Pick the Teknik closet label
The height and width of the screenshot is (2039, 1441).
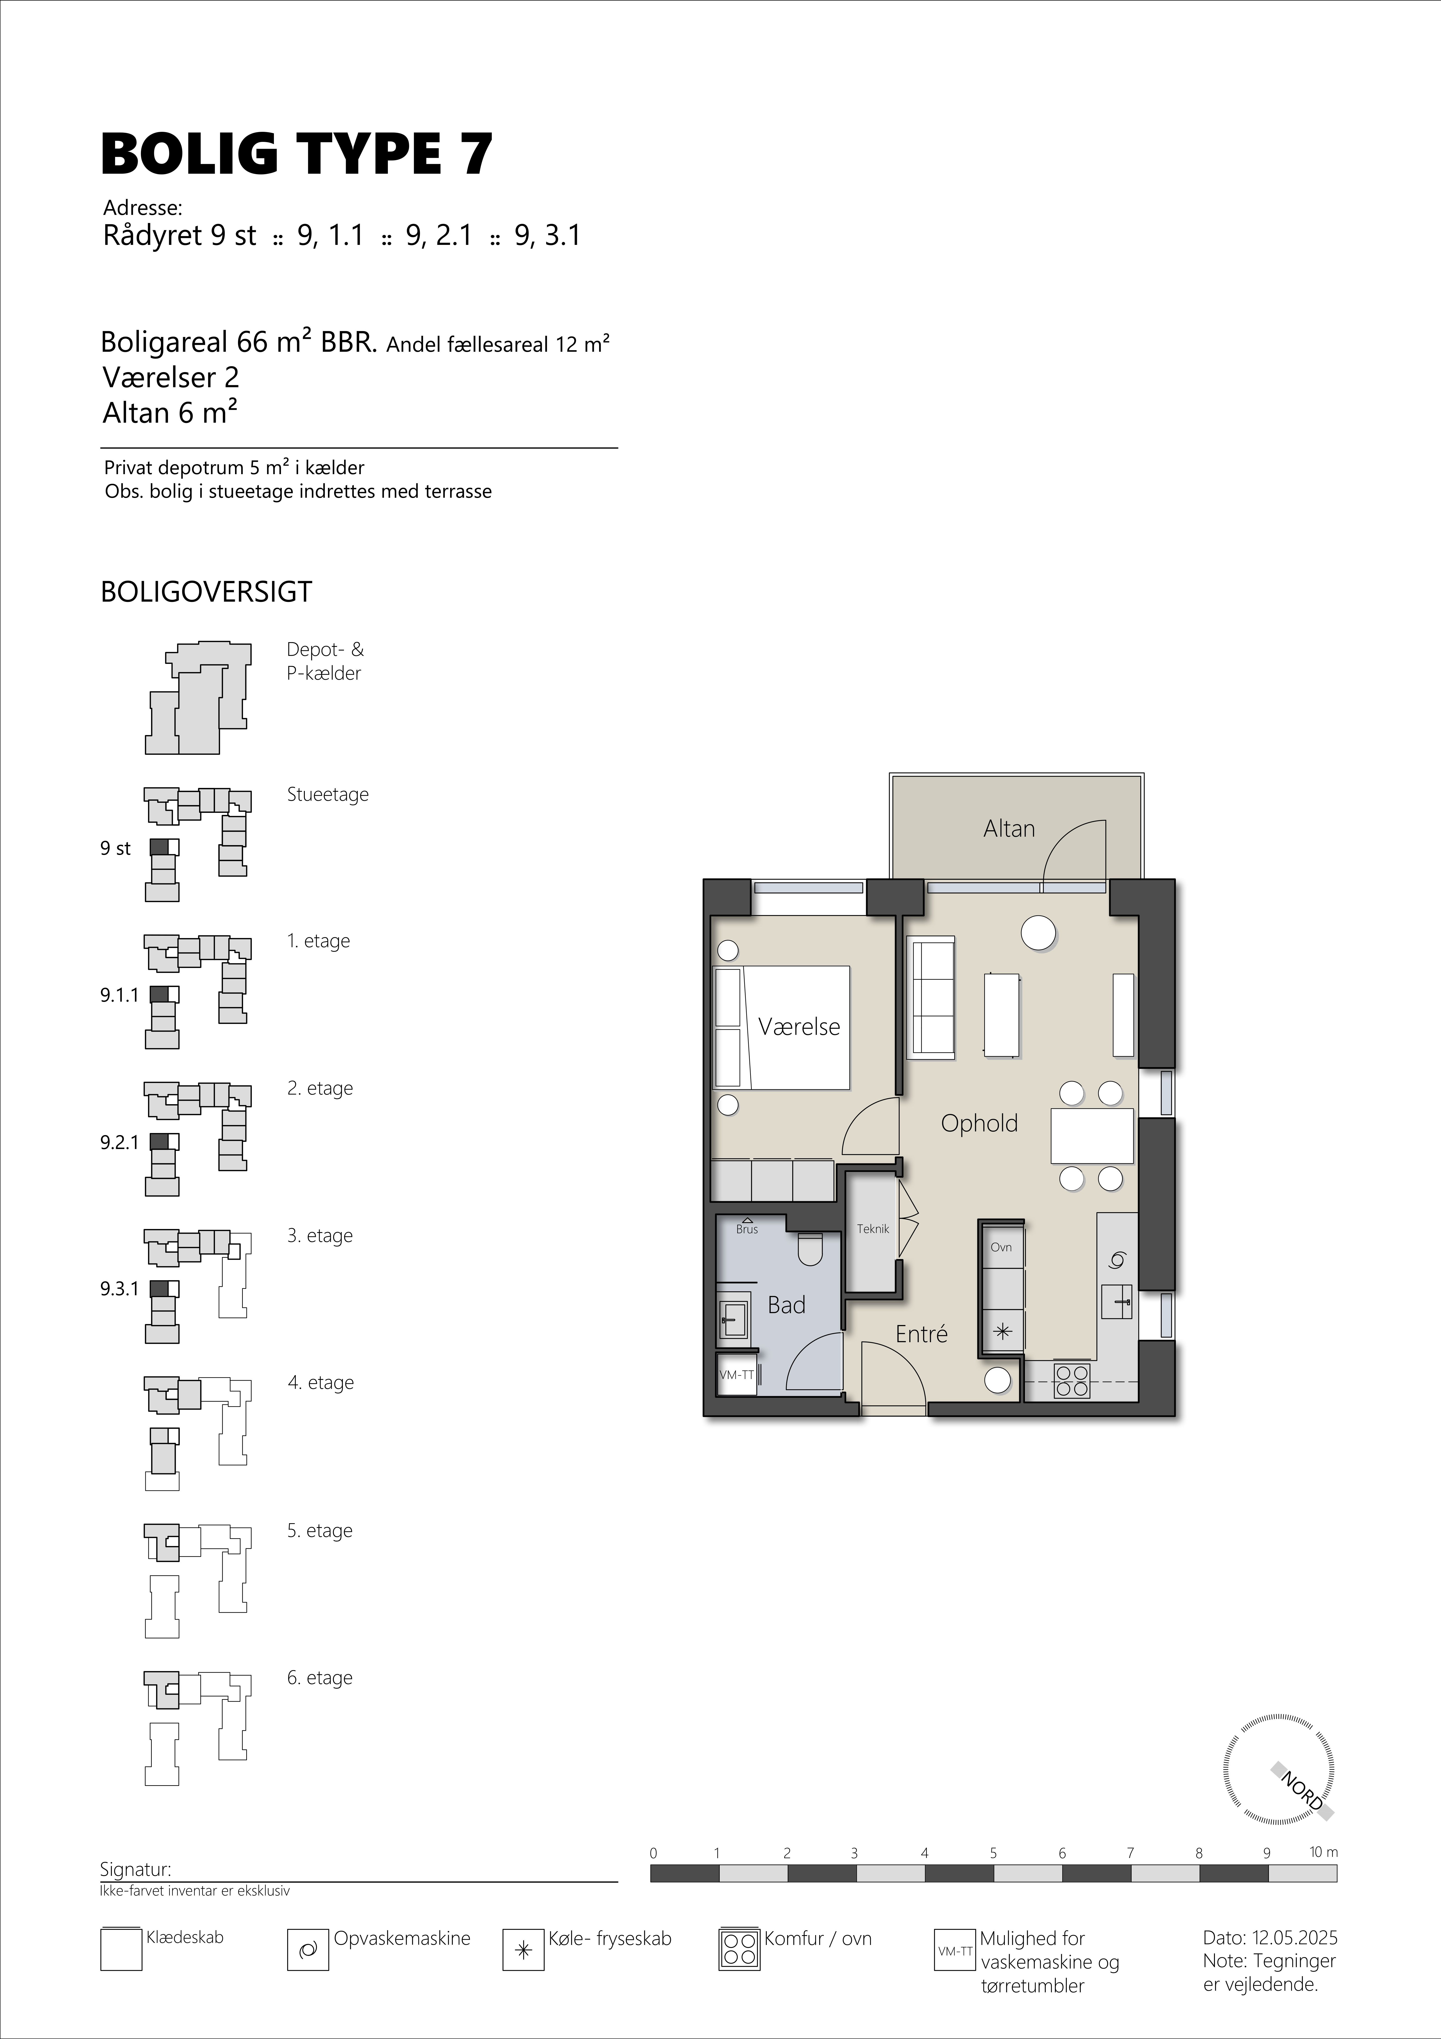coord(873,1229)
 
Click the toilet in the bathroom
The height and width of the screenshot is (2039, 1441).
coord(811,1248)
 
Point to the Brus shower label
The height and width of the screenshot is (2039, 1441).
coord(747,1229)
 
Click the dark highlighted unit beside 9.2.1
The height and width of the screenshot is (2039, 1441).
coord(159,1141)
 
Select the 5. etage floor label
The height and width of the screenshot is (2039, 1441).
coord(320,1530)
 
